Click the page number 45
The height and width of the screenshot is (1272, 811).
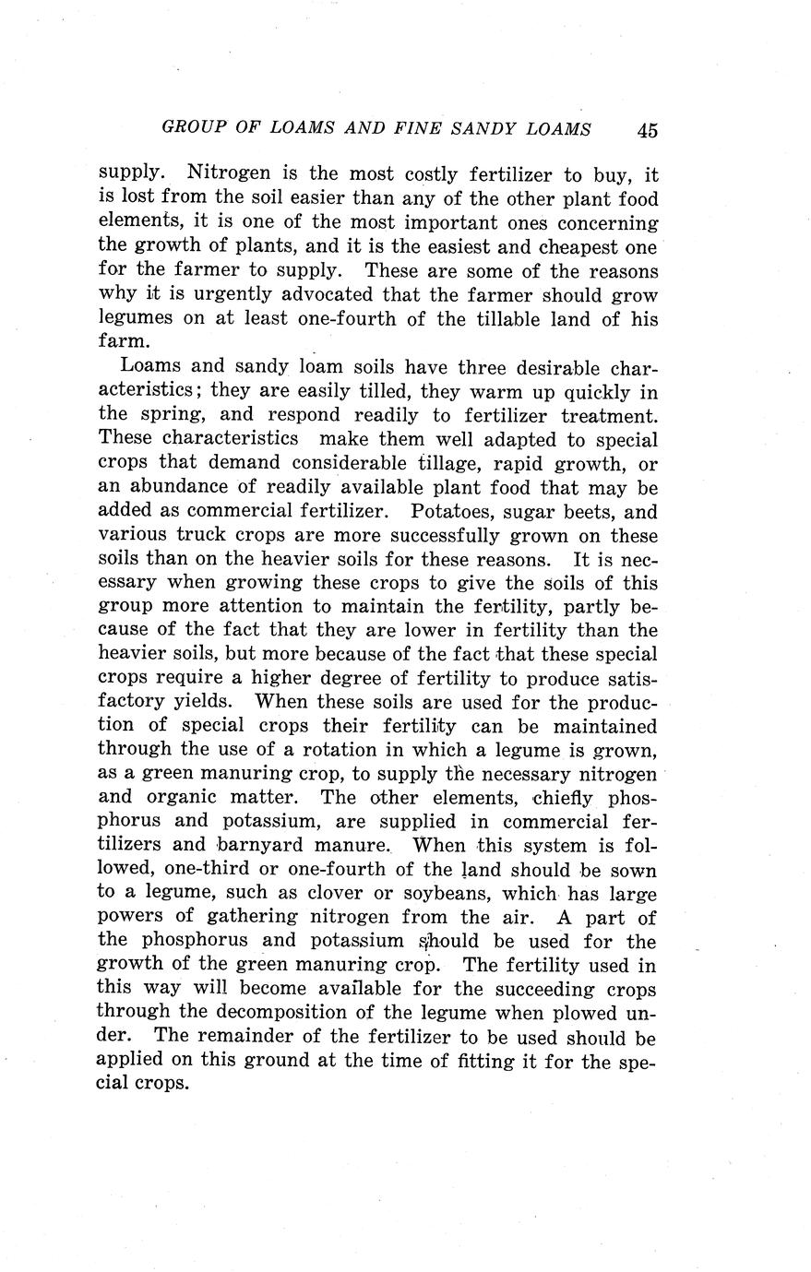647,130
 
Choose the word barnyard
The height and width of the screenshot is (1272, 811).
263,845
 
